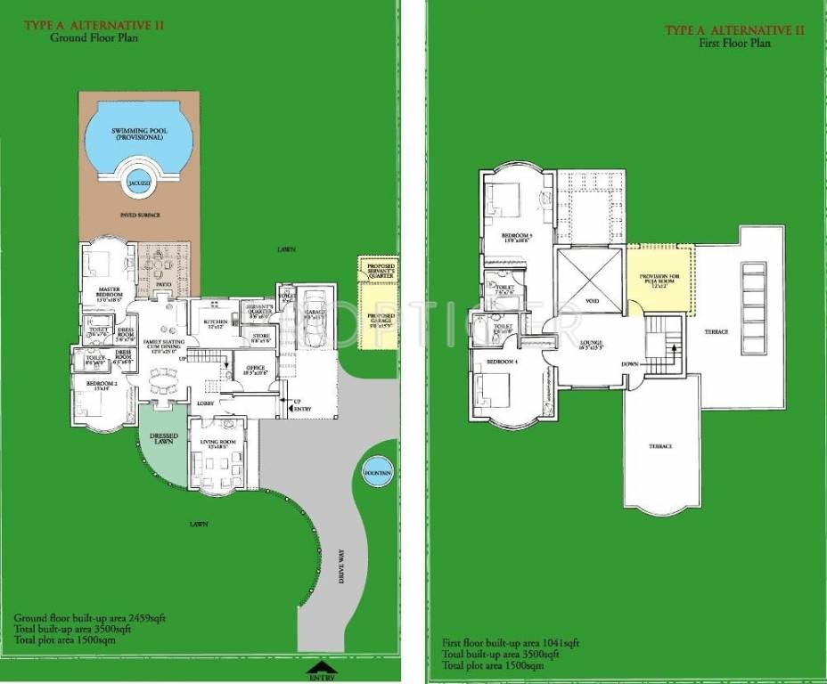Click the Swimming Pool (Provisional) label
pyautogui.click(x=138, y=134)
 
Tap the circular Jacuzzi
pyautogui.click(x=138, y=182)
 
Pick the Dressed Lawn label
pyautogui.click(x=164, y=439)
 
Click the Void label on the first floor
pyautogui.click(x=592, y=301)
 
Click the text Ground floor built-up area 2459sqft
pyautogui.click(x=78, y=617)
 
